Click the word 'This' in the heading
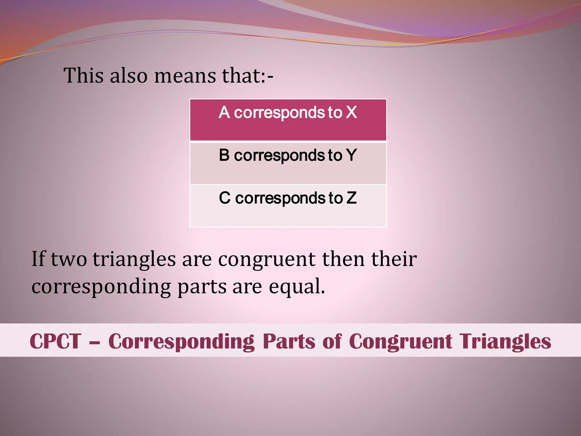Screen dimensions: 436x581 83,76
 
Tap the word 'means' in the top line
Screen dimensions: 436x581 185,76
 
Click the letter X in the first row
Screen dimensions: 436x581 351,112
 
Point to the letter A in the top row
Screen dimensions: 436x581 224,112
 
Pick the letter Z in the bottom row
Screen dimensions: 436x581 351,198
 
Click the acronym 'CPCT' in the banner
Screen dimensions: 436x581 55,341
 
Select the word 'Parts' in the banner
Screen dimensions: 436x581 289,341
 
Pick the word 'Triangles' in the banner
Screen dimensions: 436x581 505,341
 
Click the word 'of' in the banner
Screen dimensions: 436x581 332,341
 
